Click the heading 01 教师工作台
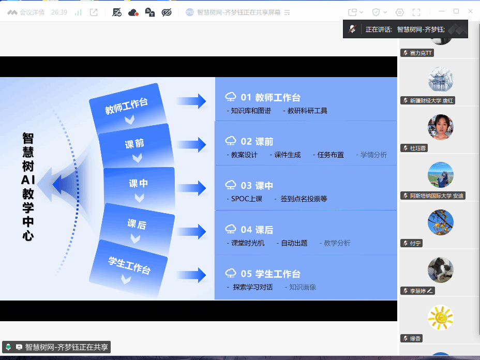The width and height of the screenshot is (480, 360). [271, 97]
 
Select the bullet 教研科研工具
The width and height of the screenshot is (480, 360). [307, 111]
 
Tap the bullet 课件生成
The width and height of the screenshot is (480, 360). [288, 155]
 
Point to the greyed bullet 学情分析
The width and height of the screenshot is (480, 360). [373, 155]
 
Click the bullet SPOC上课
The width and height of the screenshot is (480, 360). [247, 199]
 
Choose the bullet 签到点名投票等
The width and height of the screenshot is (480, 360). [304, 199]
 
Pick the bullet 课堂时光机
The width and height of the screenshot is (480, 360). [248, 243]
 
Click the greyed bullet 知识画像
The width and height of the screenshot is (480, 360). [303, 287]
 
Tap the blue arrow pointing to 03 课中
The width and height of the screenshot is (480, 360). [191, 188]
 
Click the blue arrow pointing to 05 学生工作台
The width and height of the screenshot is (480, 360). [191, 275]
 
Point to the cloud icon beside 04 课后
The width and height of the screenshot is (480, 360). [231, 229]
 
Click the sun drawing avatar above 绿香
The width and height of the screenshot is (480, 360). [440, 318]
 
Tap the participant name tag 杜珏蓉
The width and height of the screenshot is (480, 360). [414, 148]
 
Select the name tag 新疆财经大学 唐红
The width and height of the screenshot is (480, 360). [428, 100]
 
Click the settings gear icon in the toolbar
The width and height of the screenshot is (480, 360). [399, 12]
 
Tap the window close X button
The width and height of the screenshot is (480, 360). [471, 11]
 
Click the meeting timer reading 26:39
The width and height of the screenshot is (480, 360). [59, 12]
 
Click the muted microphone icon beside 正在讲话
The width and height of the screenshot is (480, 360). [352, 29]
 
